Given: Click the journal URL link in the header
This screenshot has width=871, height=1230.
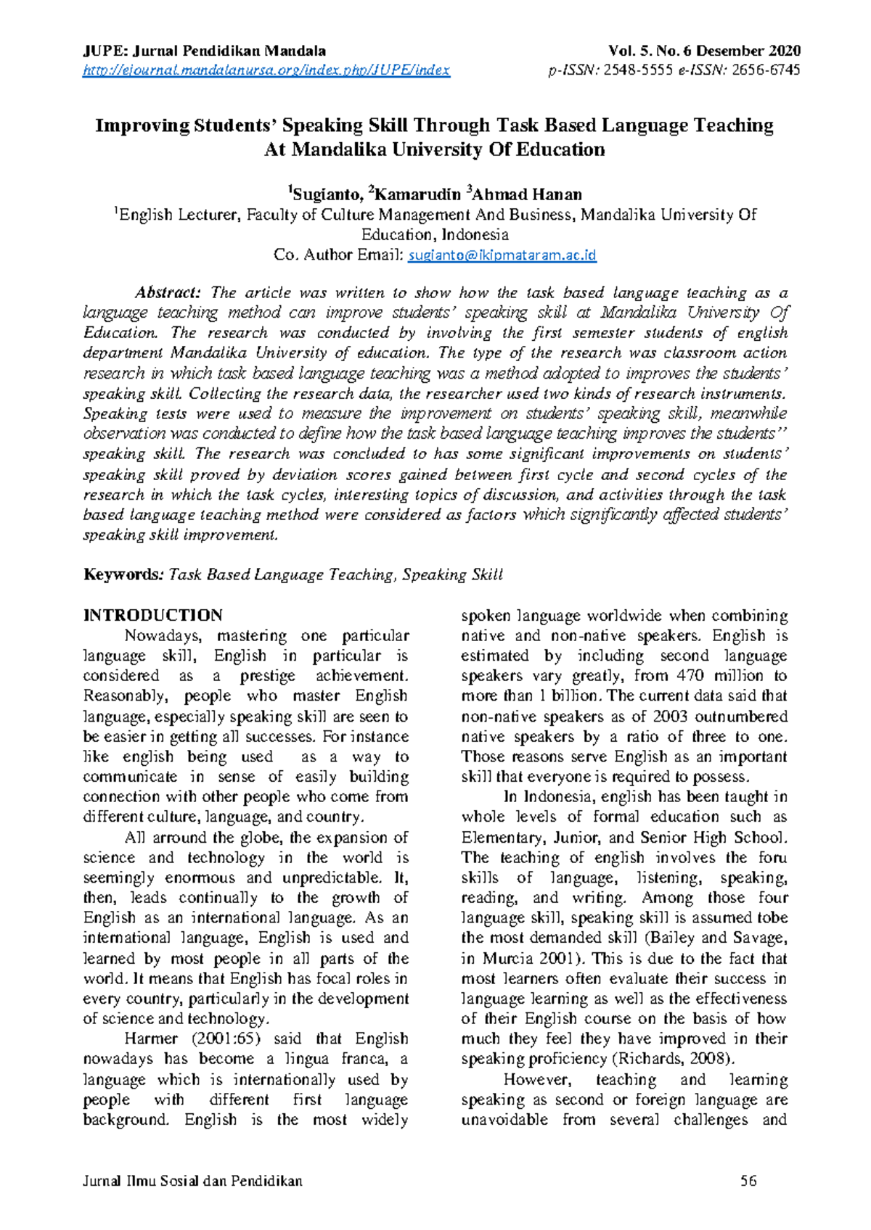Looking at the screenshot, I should [266, 70].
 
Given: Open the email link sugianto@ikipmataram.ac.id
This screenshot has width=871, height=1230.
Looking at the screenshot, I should [502, 255].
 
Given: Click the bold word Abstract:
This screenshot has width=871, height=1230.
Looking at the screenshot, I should [168, 293].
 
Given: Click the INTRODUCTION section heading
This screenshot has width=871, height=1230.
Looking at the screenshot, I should [153, 616].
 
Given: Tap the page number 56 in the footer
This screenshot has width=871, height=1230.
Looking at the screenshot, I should [748, 1181].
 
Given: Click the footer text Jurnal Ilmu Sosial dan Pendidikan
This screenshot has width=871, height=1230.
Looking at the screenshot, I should [192, 1181].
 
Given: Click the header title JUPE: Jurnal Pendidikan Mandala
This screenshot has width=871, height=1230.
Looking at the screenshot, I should [204, 51].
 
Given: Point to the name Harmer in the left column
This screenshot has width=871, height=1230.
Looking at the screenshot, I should [148, 1039].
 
